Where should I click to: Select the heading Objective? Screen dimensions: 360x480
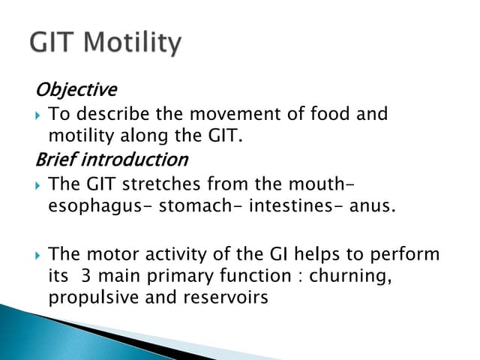tap(76, 90)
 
